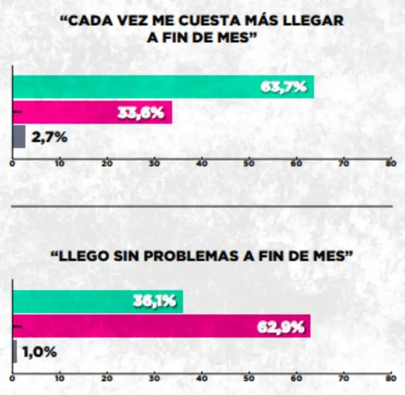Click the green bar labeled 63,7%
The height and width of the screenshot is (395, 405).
pyautogui.click(x=135, y=87)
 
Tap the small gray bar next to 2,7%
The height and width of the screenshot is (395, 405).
pyautogui.click(x=19, y=137)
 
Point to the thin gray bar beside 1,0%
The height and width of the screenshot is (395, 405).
pyautogui.click(x=15, y=351)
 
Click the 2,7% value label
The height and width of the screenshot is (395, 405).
pyautogui.click(x=49, y=137)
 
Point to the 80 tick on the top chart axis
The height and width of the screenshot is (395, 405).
pyautogui.click(x=391, y=164)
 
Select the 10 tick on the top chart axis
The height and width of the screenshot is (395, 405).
pyautogui.click(x=60, y=164)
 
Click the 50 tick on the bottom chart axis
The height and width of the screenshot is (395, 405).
pyautogui.click(x=249, y=378)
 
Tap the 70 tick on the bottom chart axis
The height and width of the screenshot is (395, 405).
pyautogui.click(x=343, y=378)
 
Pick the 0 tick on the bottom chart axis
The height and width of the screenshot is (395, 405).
pyautogui.click(x=13, y=378)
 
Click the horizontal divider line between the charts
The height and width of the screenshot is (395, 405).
pyautogui.click(x=202, y=206)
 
